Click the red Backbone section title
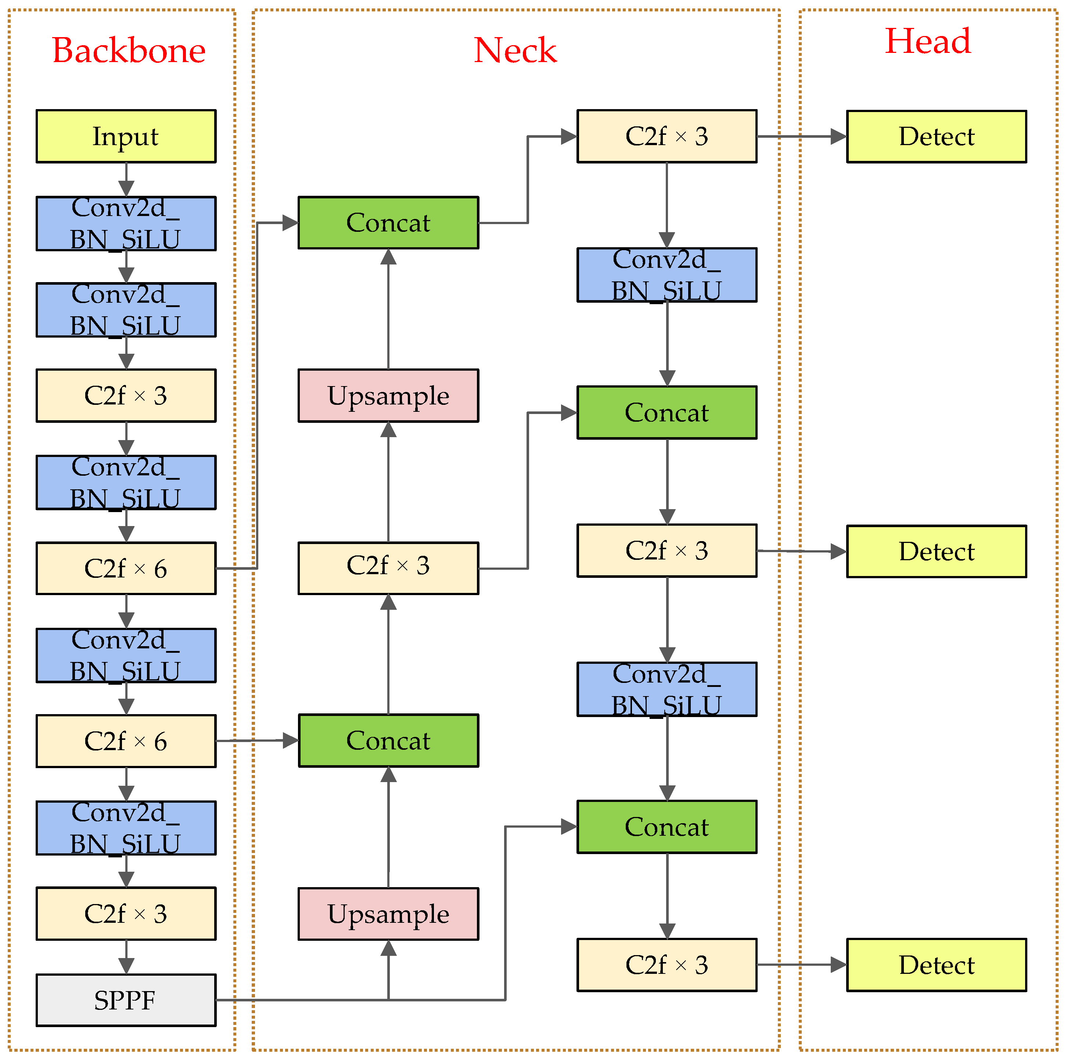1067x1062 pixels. (128, 51)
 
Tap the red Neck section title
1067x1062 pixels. (515, 51)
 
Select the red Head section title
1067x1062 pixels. (927, 42)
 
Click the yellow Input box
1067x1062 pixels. (126, 136)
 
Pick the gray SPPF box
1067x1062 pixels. (126, 1000)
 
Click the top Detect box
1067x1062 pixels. (936, 136)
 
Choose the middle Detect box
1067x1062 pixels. (936, 551)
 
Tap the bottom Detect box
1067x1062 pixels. (936, 965)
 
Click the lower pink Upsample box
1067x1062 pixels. (388, 914)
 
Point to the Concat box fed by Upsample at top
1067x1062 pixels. (388, 223)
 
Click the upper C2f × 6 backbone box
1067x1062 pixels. (126, 568)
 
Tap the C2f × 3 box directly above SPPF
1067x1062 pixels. (126, 914)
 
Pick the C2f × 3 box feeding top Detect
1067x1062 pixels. (667, 136)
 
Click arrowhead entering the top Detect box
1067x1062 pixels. (838, 136)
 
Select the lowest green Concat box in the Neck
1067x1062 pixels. (667, 827)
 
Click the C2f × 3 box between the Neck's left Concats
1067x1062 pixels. (388, 568)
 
